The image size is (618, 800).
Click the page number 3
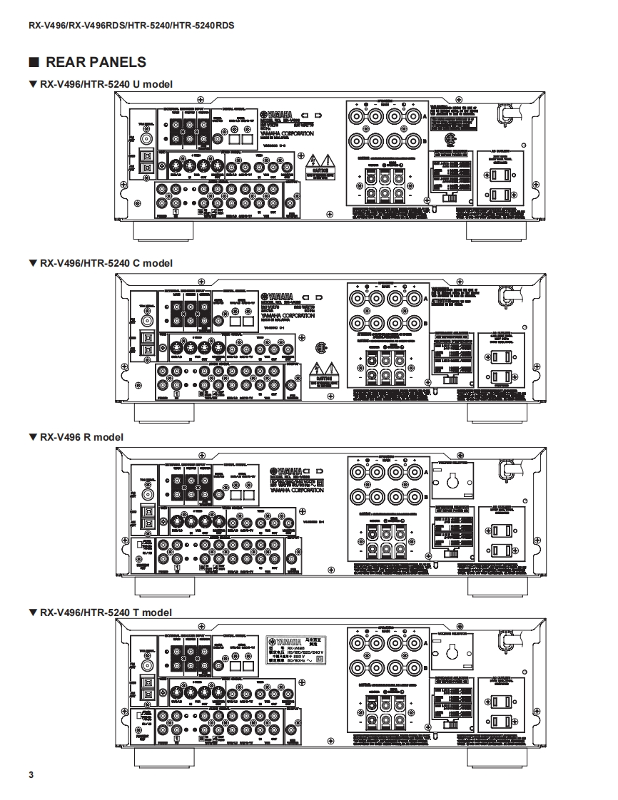point(31,775)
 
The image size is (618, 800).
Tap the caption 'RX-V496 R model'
point(81,436)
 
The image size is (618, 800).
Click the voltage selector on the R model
point(451,481)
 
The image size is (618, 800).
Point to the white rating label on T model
point(296,648)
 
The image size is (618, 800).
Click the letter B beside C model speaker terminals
point(425,322)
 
